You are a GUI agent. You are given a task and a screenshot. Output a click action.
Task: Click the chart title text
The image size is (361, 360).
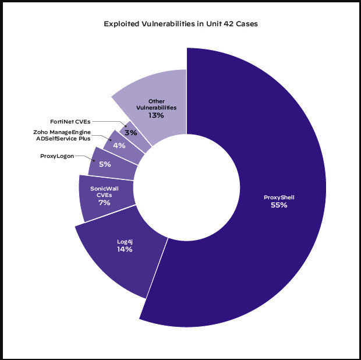pyautogui.click(x=180, y=24)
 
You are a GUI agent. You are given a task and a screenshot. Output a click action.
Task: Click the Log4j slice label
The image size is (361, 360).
pyautogui.click(x=125, y=241)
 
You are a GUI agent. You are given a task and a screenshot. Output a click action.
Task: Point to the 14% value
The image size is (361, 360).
pyautogui.click(x=125, y=249)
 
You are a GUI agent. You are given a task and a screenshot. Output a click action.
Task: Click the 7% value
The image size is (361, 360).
pyautogui.click(x=104, y=203)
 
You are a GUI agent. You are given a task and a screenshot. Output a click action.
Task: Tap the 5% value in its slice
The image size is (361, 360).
pyautogui.click(x=105, y=165)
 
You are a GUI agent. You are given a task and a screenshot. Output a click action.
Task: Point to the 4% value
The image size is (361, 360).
pyautogui.click(x=119, y=145)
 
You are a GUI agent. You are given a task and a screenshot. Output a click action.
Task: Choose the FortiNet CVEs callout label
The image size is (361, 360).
pyautogui.click(x=70, y=121)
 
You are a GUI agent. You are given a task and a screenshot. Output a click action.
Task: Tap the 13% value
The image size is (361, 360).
pyautogui.click(x=156, y=115)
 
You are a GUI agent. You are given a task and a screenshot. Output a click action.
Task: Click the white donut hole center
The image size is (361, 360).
pyautogui.click(x=187, y=193)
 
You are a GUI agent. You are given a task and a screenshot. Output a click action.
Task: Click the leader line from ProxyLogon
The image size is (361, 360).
pyautogui.click(x=88, y=157)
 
